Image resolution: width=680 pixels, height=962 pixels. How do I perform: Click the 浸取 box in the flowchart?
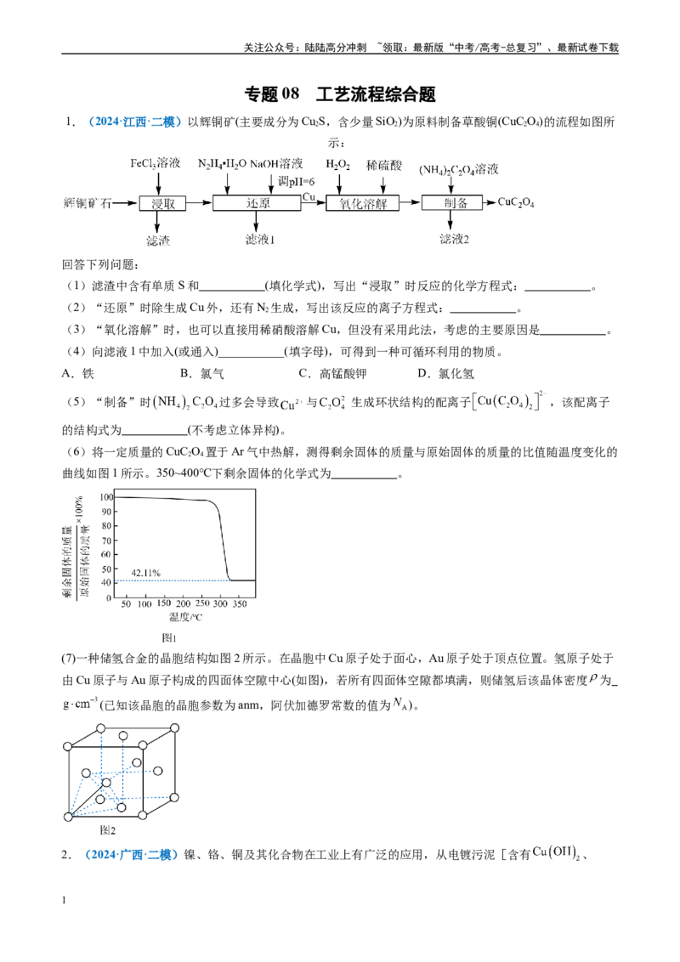point(162,203)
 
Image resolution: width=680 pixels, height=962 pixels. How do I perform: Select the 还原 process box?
point(257,203)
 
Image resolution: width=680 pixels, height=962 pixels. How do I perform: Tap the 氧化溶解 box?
point(362,203)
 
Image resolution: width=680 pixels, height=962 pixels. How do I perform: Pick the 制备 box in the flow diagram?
point(455,203)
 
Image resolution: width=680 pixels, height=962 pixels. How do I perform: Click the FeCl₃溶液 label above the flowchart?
point(156,163)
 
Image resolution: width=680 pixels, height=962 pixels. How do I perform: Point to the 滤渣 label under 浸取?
point(158,240)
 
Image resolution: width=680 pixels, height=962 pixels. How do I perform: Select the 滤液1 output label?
point(259,240)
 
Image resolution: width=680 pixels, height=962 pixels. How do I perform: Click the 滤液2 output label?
point(454,240)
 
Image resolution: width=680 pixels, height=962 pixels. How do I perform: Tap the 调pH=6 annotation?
point(297,181)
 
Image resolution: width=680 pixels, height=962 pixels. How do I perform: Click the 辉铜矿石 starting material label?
point(88,203)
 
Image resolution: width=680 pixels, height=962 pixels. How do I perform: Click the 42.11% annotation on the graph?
point(146,573)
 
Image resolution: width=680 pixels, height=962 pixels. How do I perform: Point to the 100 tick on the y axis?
point(107,497)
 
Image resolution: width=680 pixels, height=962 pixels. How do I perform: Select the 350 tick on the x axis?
point(240,603)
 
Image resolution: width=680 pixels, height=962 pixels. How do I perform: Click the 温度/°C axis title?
point(185,617)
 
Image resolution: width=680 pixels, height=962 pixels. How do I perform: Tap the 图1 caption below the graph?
point(169,638)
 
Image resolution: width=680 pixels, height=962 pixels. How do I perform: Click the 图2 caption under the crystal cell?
point(107,830)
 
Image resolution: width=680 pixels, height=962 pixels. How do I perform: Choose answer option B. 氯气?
point(202,374)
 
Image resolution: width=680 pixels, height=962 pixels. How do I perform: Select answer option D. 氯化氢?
point(445,374)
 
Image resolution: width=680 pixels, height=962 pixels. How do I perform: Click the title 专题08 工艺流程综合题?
point(340,93)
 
